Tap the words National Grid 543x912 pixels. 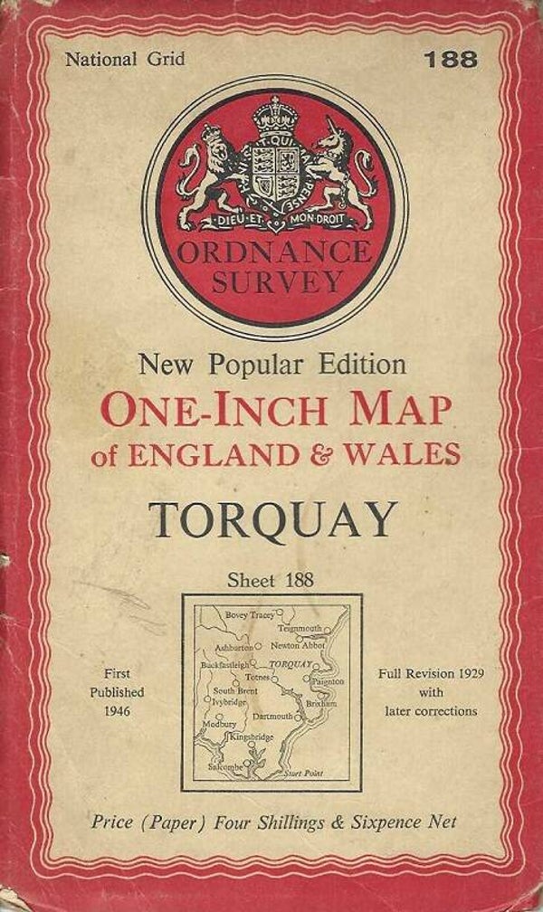[125, 60]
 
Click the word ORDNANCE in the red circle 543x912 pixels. [274, 252]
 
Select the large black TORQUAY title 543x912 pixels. [273, 519]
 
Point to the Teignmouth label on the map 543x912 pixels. [300, 627]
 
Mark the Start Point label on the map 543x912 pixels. [302, 774]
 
